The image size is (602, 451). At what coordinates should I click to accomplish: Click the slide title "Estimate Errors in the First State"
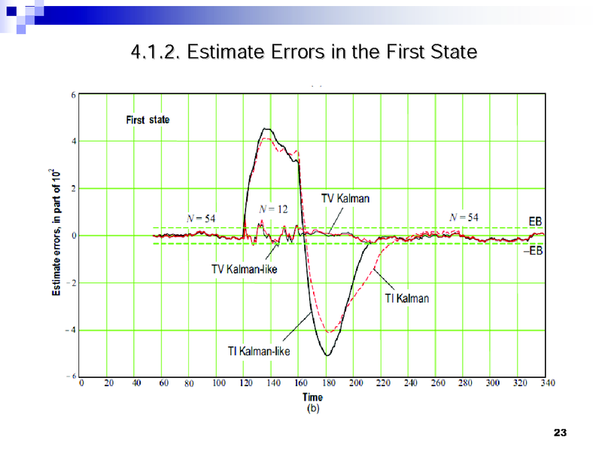click(x=303, y=53)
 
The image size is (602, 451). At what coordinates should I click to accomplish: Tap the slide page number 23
click(x=559, y=432)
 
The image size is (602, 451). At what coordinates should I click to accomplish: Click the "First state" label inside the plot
click(x=147, y=120)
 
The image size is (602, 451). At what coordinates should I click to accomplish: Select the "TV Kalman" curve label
click(x=345, y=199)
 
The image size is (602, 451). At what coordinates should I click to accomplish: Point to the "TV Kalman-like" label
click(x=243, y=269)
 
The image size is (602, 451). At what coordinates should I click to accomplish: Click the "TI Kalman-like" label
click(x=259, y=350)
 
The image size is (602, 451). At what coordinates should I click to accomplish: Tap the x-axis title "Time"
click(x=313, y=397)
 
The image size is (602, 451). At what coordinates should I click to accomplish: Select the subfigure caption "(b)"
click(x=313, y=409)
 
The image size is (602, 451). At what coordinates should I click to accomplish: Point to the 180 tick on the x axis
click(x=328, y=383)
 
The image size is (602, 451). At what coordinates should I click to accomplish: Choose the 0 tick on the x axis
click(x=81, y=383)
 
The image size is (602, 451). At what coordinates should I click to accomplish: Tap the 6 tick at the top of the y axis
click(x=73, y=96)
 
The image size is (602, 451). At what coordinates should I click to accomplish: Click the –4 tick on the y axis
click(x=71, y=330)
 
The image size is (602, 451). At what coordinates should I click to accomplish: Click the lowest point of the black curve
click(x=327, y=355)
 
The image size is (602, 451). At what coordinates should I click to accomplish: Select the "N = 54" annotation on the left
click(x=201, y=218)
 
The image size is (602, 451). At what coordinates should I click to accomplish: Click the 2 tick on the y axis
click(x=73, y=189)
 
